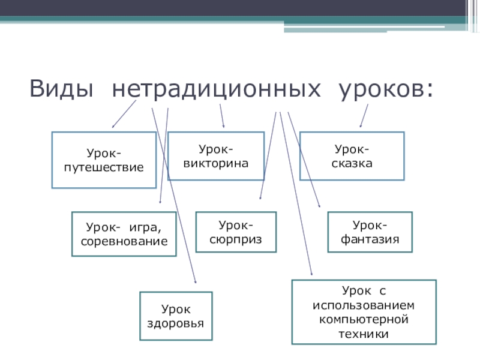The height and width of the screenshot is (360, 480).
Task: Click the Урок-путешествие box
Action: pos(104,160)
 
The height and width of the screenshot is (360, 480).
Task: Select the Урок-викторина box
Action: pos(215,156)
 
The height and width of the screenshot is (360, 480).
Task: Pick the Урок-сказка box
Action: pos(352,156)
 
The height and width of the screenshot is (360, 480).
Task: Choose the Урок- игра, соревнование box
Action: pos(124,234)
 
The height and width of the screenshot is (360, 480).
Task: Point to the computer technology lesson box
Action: pos(364,312)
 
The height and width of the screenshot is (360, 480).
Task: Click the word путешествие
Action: pos(104,167)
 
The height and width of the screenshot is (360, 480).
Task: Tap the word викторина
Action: pos(215,163)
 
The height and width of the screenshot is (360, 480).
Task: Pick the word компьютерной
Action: pos(364,317)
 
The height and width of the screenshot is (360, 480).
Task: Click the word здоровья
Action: pos(176,323)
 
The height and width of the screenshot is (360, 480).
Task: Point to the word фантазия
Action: pos(370,239)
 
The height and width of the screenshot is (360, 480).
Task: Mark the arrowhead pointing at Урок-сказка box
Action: pos(360,126)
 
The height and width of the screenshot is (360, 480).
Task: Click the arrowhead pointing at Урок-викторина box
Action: pos(224,127)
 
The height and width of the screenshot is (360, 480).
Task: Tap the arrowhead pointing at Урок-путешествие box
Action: pos(114,127)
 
